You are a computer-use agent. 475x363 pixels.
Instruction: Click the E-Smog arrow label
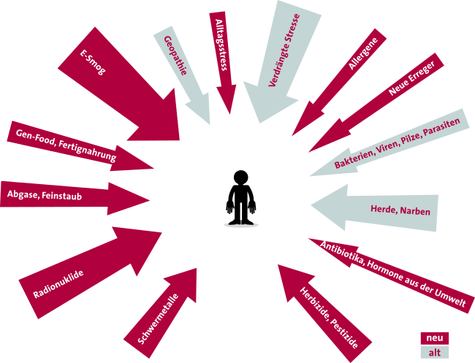(93, 62)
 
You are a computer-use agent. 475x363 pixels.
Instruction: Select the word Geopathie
(175, 56)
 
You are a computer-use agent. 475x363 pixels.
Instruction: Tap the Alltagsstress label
(221, 45)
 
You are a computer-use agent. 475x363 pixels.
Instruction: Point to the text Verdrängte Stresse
(284, 50)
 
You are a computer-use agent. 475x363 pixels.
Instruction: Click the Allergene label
(363, 53)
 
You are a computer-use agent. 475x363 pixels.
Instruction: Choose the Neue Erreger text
(411, 78)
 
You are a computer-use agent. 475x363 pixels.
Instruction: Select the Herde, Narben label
(400, 210)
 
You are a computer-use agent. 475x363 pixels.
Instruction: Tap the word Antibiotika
(342, 253)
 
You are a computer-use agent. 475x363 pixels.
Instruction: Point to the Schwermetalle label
(158, 319)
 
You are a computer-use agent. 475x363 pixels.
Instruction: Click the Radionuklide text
(58, 284)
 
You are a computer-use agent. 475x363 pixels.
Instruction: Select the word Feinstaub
(62, 196)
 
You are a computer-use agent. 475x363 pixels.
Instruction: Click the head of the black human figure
(241, 177)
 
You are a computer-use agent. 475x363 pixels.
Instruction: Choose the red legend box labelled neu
(434, 338)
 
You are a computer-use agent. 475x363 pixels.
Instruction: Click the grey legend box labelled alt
(434, 352)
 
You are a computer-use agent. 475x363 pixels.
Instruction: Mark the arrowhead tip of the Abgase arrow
(150, 200)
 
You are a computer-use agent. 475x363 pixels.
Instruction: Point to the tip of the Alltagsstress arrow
(230, 114)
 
